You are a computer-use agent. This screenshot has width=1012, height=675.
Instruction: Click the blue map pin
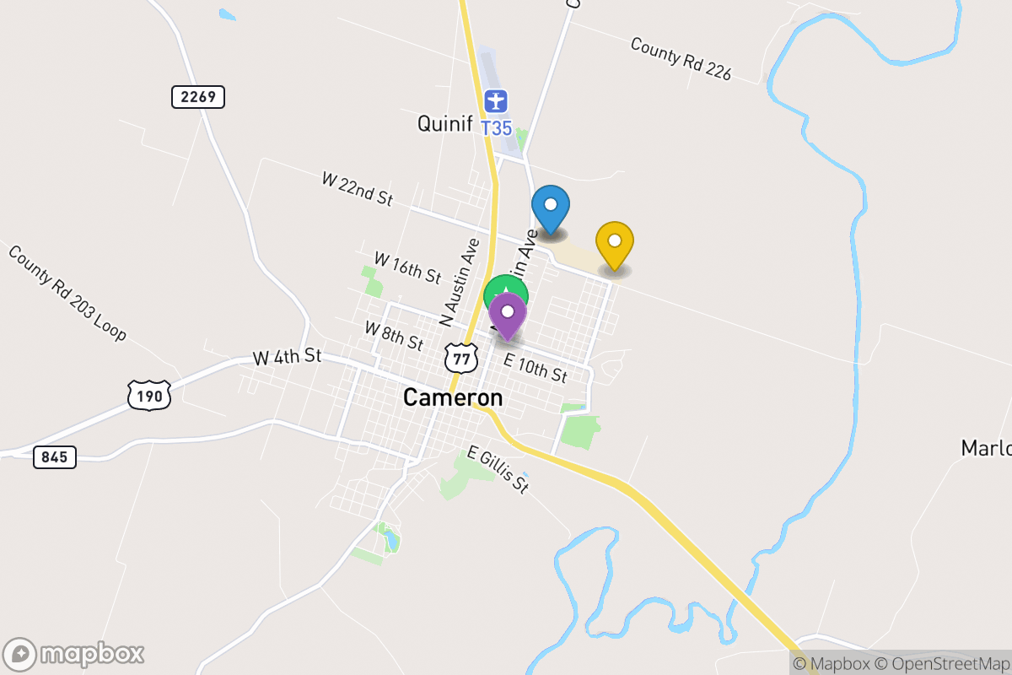pyautogui.click(x=551, y=206)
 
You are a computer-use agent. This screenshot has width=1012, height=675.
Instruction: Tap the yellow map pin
pyautogui.click(x=615, y=243)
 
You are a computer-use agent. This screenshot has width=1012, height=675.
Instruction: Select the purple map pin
pyautogui.click(x=508, y=314)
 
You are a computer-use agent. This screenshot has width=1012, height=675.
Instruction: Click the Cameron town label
pyautogui.click(x=453, y=397)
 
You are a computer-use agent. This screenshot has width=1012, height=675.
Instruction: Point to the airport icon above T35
pyautogui.click(x=497, y=102)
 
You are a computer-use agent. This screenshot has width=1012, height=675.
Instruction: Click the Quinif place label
pyautogui.click(x=444, y=124)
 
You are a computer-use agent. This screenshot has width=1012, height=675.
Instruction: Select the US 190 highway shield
pyautogui.click(x=149, y=394)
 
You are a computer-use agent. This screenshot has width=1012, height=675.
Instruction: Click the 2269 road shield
pyautogui.click(x=199, y=97)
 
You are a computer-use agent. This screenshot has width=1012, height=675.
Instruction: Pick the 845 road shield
pyautogui.click(x=56, y=457)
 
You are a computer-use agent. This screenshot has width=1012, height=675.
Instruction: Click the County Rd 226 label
pyautogui.click(x=681, y=59)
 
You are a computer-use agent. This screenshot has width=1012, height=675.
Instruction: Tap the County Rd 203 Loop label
pyautogui.click(x=67, y=293)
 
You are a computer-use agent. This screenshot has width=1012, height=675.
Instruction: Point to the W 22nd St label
pyautogui.click(x=358, y=190)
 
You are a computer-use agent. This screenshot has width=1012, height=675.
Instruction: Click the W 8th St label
pyautogui.click(x=394, y=336)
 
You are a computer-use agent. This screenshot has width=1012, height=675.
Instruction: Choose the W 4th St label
pyautogui.click(x=288, y=357)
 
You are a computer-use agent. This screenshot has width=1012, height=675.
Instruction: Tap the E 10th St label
pyautogui.click(x=535, y=368)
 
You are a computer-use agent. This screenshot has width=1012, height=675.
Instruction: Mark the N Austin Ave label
pyautogui.click(x=460, y=282)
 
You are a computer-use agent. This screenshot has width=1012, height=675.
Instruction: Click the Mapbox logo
pyautogui.click(x=74, y=654)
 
